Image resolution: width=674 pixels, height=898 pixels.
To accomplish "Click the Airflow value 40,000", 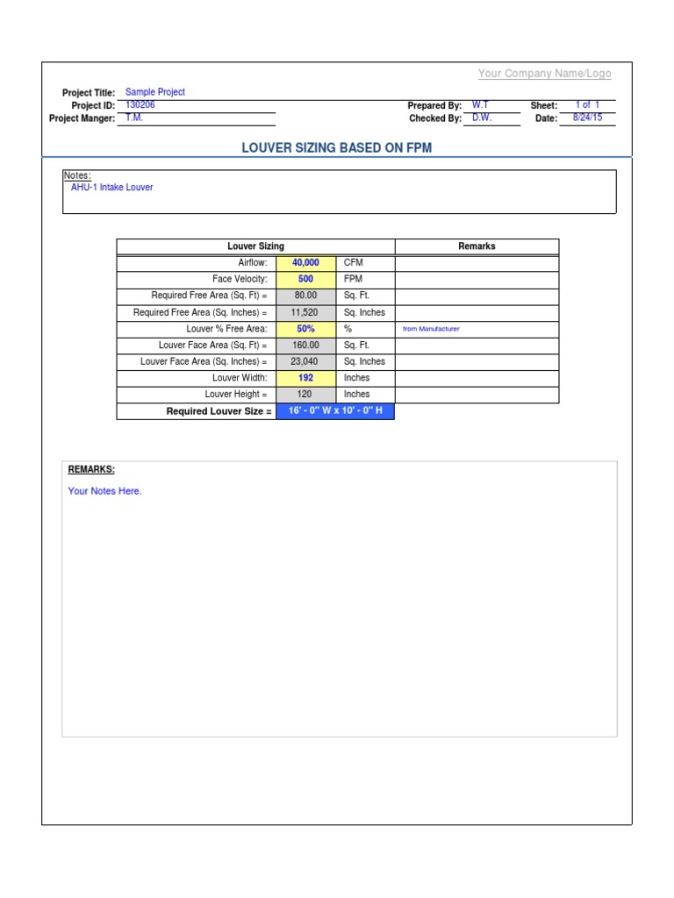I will [x=305, y=262].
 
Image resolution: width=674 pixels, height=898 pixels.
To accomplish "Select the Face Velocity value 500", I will [x=305, y=279].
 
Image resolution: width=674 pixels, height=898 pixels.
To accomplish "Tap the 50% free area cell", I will [x=305, y=329].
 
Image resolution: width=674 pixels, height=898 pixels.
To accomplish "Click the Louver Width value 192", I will [x=305, y=378].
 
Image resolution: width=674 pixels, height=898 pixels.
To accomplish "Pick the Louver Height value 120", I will [x=305, y=395].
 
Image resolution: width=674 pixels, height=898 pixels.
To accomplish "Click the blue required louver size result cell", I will [x=335, y=411].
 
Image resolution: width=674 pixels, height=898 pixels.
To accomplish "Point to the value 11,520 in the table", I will [x=305, y=312].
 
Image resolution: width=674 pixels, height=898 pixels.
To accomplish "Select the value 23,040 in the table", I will [x=305, y=361].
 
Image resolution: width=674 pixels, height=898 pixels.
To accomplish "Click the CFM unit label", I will [x=353, y=262].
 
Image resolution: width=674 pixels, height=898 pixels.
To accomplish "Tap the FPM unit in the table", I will [x=353, y=279].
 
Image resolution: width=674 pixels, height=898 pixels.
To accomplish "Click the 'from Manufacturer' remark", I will [x=431, y=329].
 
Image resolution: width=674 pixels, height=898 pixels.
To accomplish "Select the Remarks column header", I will [x=477, y=246].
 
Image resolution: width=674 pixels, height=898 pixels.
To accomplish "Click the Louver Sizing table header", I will [x=255, y=246].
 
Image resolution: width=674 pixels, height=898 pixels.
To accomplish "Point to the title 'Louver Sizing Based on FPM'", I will [x=337, y=148].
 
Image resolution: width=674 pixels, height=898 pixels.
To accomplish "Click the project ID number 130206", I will [x=140, y=104].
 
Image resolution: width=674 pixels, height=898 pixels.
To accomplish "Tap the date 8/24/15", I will [x=588, y=117].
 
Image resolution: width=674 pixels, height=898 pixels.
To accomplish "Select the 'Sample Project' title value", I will [x=155, y=92].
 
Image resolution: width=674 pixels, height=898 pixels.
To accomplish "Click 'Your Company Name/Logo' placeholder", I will [x=544, y=74].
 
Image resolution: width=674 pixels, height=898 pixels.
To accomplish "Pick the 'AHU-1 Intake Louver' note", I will [x=111, y=187].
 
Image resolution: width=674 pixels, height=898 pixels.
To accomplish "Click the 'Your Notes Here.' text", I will [x=104, y=491].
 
